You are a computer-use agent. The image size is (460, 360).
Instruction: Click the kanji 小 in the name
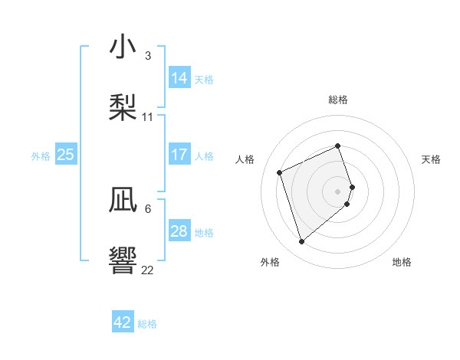click(123, 48)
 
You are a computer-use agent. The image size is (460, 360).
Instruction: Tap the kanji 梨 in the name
click(123, 107)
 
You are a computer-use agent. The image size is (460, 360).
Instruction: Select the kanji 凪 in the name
click(123, 201)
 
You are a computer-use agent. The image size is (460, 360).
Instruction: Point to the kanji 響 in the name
click(123, 260)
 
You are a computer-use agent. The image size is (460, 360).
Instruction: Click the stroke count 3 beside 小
click(147, 56)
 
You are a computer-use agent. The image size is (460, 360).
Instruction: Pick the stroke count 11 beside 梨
click(148, 116)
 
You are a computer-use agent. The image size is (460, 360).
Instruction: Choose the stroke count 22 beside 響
click(148, 270)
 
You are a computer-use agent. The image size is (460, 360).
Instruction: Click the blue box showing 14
click(179, 78)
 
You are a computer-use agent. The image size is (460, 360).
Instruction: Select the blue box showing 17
click(179, 155)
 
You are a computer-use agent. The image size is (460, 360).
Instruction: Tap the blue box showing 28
click(179, 231)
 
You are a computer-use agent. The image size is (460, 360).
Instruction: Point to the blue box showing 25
click(66, 155)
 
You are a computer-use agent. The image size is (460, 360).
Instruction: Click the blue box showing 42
click(123, 322)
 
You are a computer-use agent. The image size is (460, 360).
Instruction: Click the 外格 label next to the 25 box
click(41, 156)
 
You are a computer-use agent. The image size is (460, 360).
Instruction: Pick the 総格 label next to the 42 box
click(147, 324)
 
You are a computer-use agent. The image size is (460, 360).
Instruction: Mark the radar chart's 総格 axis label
click(338, 100)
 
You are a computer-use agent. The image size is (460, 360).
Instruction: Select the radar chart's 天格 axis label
click(431, 159)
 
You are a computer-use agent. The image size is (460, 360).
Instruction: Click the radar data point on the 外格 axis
click(301, 242)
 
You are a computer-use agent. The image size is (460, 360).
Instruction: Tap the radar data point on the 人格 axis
click(280, 172)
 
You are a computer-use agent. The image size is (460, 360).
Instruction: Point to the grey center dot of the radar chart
click(338, 191)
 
